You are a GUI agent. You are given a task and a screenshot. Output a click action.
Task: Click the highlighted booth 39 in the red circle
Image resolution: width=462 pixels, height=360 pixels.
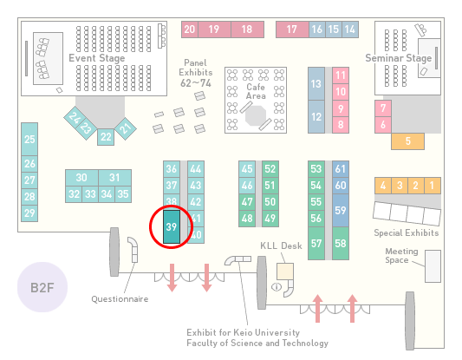pos(172,226)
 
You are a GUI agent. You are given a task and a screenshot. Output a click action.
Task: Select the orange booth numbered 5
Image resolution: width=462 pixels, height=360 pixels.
pos(407,141)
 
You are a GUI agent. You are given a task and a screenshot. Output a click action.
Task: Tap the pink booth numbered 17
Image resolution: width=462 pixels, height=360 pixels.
pos(292,29)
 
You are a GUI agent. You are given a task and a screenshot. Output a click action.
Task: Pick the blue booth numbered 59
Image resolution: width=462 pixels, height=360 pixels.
pos(341,210)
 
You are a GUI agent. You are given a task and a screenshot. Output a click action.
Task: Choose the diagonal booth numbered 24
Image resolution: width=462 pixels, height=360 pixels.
pos(75,118)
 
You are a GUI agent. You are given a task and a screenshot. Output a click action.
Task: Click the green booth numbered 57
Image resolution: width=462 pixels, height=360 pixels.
pos(316,243)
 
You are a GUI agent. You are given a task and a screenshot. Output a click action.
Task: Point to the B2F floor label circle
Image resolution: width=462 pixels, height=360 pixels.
pos(42,287)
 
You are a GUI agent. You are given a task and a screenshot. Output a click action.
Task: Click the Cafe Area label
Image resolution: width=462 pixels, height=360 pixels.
pos(256,91)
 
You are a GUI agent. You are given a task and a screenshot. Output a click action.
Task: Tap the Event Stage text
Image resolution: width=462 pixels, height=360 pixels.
pos(97,58)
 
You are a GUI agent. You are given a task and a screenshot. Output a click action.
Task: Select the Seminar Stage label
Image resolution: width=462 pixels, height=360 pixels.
pos(399,58)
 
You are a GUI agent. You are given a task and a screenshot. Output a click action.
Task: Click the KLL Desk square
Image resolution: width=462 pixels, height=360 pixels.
pos(285,272)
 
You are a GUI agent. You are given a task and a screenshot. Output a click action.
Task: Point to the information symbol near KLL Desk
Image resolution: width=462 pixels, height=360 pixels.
pos(277,286)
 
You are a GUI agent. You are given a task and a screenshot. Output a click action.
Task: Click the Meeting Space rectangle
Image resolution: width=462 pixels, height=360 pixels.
pos(433,266)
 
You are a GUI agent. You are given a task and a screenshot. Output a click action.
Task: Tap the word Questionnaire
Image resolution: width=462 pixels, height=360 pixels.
pos(120,299)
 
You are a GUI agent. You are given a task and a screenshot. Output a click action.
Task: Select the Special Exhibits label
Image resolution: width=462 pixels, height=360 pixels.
pos(407,233)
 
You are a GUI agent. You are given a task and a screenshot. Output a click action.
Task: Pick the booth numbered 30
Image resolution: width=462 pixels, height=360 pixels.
pos(81,178)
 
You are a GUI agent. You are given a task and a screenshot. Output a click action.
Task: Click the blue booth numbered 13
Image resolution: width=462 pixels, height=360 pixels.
pos(316,84)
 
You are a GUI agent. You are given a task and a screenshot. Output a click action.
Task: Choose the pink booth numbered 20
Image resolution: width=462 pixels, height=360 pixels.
pos(190,29)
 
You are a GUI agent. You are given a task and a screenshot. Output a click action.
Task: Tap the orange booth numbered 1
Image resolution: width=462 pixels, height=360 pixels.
pos(433,186)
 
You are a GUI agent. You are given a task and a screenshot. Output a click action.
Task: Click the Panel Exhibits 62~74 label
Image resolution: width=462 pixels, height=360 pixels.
pos(196,73)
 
